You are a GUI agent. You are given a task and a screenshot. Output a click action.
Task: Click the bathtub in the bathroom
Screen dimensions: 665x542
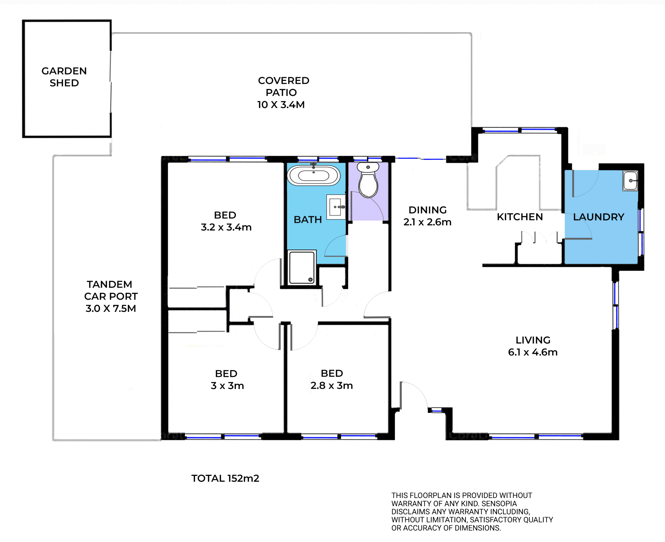[313, 175]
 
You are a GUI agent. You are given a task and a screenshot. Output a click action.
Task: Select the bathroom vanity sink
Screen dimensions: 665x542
[336, 207]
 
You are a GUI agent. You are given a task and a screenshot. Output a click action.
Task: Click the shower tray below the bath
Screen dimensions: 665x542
[302, 268]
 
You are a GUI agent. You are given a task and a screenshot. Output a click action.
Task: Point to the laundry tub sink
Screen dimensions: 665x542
[630, 180]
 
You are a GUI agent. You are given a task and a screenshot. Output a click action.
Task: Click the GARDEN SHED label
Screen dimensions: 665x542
[64, 77]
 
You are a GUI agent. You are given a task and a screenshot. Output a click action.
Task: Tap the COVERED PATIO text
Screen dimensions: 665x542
[283, 87]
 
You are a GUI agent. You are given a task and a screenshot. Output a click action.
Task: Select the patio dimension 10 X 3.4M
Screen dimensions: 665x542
[281, 105]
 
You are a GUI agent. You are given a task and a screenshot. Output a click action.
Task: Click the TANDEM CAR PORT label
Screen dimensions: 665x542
[110, 290]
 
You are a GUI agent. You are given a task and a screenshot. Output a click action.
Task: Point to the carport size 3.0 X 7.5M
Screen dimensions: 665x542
[111, 308]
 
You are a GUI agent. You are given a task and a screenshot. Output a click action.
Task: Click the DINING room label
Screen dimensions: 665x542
[427, 210]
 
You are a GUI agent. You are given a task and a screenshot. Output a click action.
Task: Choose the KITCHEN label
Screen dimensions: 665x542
[520, 217]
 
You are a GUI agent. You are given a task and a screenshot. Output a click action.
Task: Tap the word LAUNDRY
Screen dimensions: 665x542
[598, 217]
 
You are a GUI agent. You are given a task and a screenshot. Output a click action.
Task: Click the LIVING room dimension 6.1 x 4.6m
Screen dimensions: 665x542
[533, 352]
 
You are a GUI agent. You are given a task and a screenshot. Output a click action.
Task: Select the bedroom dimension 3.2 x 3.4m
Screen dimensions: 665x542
[226, 227]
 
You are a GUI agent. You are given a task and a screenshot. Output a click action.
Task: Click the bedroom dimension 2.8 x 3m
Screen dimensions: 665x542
[331, 386]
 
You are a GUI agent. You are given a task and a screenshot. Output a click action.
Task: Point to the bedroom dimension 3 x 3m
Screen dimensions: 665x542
[227, 386]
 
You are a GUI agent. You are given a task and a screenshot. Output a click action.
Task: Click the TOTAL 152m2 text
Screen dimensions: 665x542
[225, 478]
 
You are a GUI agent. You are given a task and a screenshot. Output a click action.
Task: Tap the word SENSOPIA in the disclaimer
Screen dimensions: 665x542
[499, 504]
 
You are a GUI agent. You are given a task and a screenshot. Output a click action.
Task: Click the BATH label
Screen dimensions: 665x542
[308, 220]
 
